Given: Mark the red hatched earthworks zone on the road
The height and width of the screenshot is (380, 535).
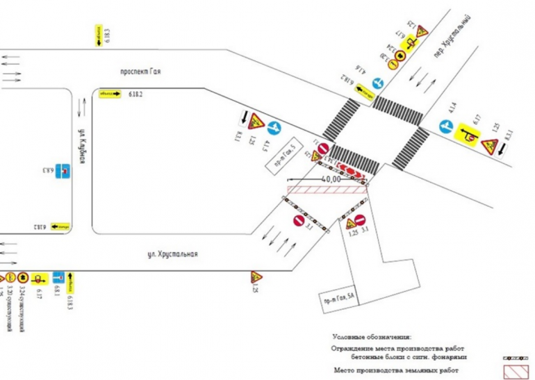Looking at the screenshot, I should pyautogui.click(x=327, y=190).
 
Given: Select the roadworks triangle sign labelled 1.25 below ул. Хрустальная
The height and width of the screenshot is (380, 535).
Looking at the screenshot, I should pyautogui.click(x=256, y=277).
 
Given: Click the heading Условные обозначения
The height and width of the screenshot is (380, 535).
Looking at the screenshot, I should pyautogui.click(x=371, y=336).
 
